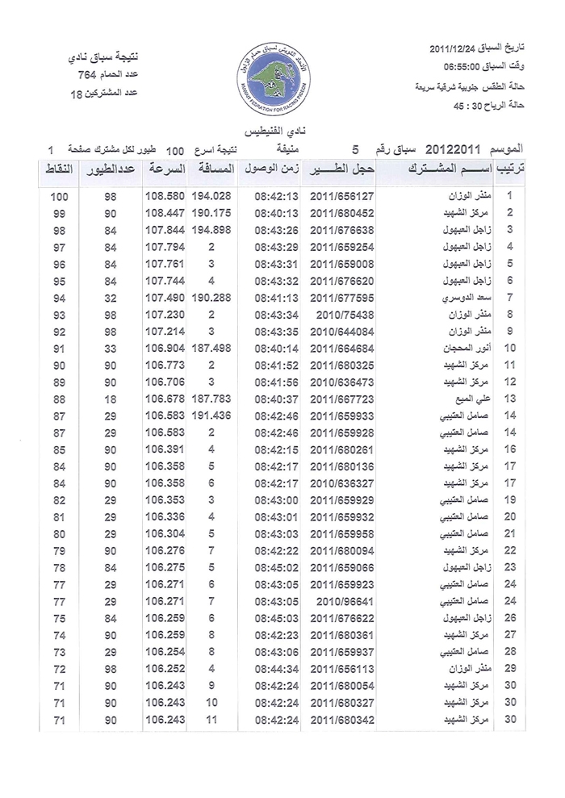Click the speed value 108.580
tap(165, 197)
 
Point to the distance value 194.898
tap(210, 230)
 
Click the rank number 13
tap(509, 399)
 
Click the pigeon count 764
tap(86, 76)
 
